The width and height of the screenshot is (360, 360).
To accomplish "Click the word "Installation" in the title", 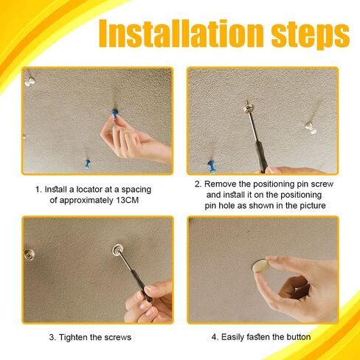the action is tap(181, 33).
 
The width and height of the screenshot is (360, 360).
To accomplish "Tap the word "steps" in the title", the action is tap(311, 36).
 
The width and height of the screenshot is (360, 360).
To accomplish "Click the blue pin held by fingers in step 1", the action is tap(114, 114).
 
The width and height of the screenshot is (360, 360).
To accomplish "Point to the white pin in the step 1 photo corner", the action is tap(30, 82).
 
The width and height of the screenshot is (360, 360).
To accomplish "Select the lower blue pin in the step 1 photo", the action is tap(87, 164).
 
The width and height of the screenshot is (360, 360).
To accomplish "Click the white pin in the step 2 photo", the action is tap(311, 128).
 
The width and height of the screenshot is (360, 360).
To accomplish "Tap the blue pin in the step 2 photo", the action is tap(212, 167).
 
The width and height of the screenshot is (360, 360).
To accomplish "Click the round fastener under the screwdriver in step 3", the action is tap(117, 250).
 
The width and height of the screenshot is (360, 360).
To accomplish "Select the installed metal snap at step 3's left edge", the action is tap(29, 255).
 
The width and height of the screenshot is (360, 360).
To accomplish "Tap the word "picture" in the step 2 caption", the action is tap(313, 206).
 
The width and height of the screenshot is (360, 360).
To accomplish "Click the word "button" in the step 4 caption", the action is tap(298, 337).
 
